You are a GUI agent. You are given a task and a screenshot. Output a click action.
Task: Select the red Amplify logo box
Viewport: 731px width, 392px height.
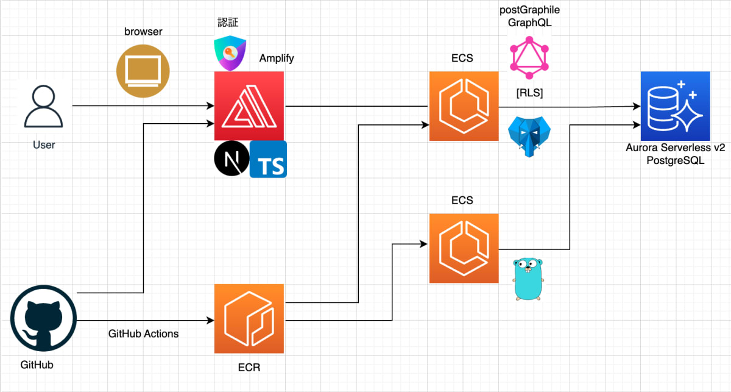pyautogui.click(x=249, y=106)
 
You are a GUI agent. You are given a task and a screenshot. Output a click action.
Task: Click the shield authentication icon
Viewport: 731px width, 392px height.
pyautogui.click(x=230, y=53)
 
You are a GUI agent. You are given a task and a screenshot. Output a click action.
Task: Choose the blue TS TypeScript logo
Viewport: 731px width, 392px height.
pyautogui.click(x=268, y=160)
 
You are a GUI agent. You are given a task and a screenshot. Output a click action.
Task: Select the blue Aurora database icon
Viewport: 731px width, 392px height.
pyautogui.click(x=675, y=106)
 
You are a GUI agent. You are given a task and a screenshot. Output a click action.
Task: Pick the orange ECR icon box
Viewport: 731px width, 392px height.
pyautogui.click(x=249, y=319)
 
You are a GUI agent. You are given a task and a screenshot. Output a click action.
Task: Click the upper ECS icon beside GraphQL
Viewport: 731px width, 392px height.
pyautogui.click(x=464, y=106)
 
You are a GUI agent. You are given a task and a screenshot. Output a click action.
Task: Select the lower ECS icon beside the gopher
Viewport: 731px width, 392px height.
pyautogui.click(x=464, y=248)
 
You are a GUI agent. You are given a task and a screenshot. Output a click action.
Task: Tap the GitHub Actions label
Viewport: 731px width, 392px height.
pyautogui.click(x=144, y=333)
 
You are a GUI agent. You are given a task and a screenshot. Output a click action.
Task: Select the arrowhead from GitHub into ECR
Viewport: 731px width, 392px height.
pyautogui.click(x=210, y=321)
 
